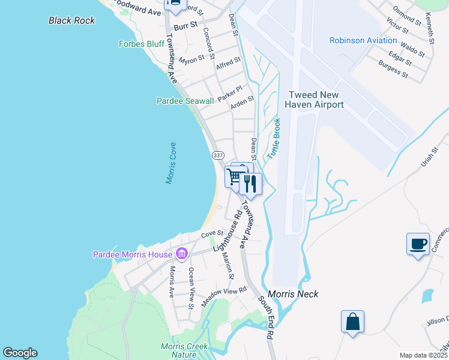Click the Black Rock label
(72, 20)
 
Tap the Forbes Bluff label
(142, 44)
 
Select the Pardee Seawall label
(185, 101)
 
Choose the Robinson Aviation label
(363, 40)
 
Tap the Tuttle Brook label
(274, 138)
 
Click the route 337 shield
(217, 155)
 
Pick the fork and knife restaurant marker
(250, 184)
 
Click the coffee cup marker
(418, 244)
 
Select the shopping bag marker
(352, 322)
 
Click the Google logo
(20, 353)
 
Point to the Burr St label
(186, 26)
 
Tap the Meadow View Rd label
(224, 297)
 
